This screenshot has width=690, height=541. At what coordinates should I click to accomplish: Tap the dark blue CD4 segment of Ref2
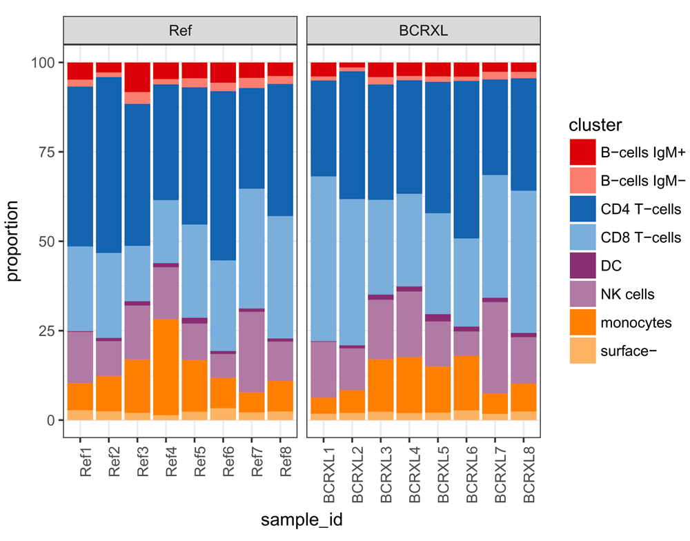[x=109, y=165]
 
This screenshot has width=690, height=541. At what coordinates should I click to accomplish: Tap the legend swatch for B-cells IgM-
[x=582, y=180]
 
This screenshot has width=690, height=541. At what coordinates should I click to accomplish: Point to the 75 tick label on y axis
[x=45, y=152]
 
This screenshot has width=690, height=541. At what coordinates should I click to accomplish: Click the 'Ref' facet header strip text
[x=181, y=30]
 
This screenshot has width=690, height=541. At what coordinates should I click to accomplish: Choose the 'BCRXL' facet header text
[x=423, y=30]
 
